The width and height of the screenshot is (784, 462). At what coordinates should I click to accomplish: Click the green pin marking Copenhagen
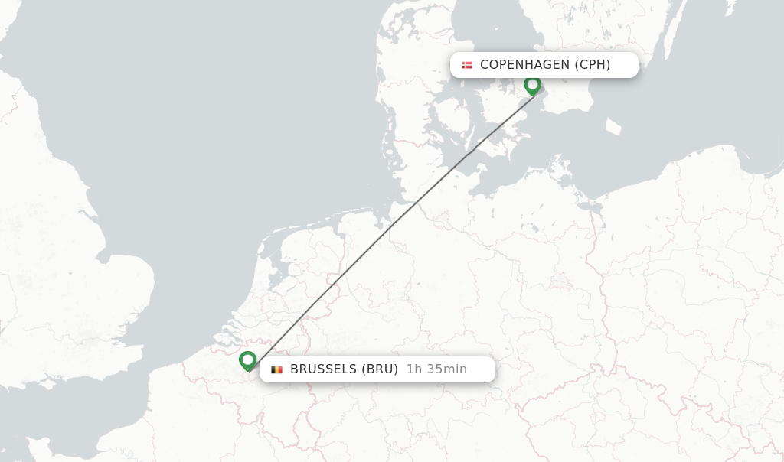pyautogui.click(x=532, y=85)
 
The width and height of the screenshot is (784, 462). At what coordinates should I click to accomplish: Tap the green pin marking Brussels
pyautogui.click(x=247, y=360)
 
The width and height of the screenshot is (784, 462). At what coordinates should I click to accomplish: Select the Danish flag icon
pyautogui.click(x=467, y=65)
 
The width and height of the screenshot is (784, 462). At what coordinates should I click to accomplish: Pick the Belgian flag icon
pyautogui.click(x=276, y=369)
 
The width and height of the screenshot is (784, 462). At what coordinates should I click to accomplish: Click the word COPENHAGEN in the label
pyautogui.click(x=525, y=65)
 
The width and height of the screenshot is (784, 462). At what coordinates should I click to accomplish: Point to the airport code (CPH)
pyautogui.click(x=593, y=65)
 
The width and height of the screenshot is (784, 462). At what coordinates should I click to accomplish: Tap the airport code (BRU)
pyautogui.click(x=380, y=369)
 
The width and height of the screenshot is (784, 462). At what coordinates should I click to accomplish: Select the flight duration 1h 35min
pyautogui.click(x=436, y=369)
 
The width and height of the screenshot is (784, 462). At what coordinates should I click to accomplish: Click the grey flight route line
pyautogui.click(x=390, y=229)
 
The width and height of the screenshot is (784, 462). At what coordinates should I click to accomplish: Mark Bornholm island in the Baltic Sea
pyautogui.click(x=613, y=126)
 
